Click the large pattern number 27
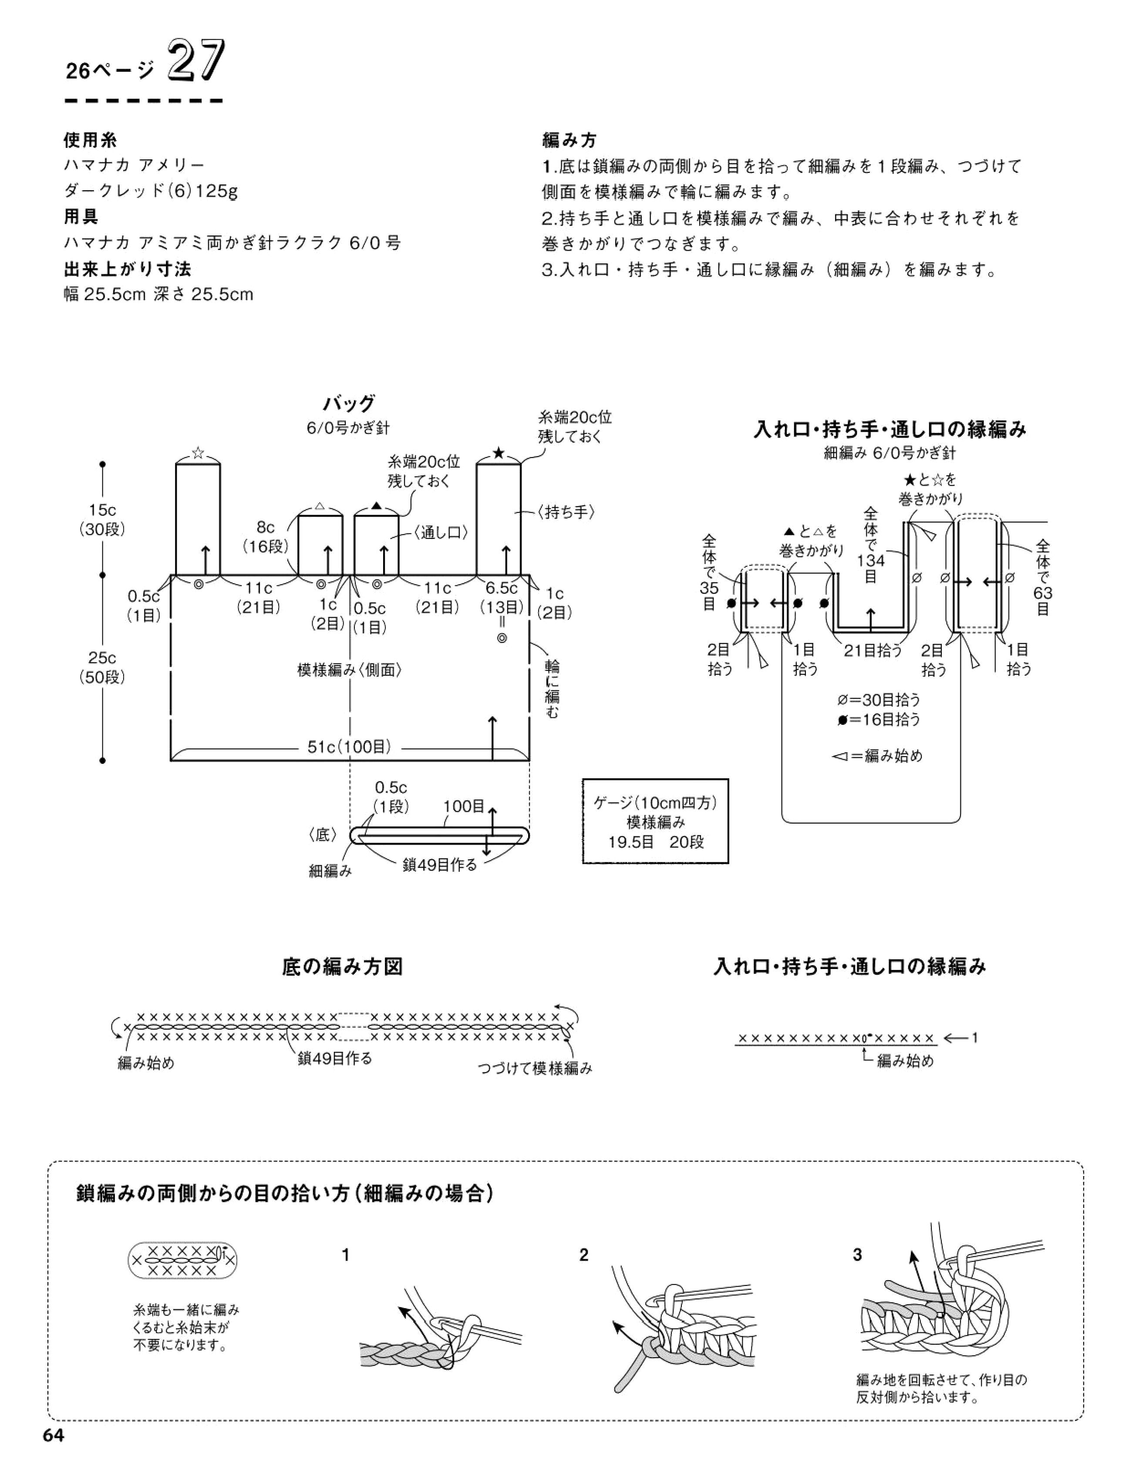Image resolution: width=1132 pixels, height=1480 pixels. [195, 62]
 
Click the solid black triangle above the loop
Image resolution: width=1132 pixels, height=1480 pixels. [377, 505]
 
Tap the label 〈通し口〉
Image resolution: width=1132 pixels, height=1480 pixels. [441, 532]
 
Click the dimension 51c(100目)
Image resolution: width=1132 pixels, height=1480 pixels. [350, 747]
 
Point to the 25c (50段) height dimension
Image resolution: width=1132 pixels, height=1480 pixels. [102, 667]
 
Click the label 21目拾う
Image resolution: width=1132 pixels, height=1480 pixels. [873, 651]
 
